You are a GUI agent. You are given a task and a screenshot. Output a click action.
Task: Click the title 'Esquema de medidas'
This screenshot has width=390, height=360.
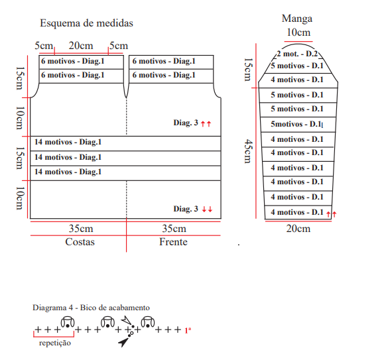86,23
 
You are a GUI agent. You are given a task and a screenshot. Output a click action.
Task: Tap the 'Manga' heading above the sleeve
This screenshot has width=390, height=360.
297,19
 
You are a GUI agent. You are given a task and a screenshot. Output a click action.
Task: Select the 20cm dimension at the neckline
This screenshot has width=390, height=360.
81,46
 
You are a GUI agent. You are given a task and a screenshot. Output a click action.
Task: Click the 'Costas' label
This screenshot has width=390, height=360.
80,242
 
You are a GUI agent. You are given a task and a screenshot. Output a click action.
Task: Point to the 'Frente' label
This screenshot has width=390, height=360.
173,242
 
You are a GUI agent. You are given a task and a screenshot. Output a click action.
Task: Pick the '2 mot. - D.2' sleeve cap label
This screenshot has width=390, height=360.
297,54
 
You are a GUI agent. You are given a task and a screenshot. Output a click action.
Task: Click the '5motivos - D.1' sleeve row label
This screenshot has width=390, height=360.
296,124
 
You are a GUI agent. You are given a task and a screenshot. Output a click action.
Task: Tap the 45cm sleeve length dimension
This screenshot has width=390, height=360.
248,151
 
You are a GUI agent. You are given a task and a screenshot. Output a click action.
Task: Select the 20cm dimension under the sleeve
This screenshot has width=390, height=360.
298,229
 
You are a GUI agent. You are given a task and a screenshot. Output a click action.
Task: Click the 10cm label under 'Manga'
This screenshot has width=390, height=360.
298,32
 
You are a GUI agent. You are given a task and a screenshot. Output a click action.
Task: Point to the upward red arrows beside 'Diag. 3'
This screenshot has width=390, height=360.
206,123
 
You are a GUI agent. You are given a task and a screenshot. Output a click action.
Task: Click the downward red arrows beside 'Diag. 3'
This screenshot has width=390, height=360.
207,210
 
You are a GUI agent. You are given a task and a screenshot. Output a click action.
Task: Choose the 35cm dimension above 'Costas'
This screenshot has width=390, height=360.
81,229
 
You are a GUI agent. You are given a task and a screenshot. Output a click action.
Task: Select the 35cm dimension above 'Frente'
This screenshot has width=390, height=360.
174,229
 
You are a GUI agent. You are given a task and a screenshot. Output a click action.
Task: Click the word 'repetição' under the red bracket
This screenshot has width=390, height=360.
55,343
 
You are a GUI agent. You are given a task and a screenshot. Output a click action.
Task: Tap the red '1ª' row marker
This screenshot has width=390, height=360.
188,330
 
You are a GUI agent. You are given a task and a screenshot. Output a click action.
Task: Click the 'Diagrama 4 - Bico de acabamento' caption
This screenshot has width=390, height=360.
91,308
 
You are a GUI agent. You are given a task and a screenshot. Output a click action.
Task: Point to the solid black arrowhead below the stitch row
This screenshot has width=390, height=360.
123,342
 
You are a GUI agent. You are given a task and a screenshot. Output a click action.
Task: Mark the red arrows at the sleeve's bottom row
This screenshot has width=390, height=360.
332,214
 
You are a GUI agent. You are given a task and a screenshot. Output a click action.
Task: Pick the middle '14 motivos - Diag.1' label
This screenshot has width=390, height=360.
68,157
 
